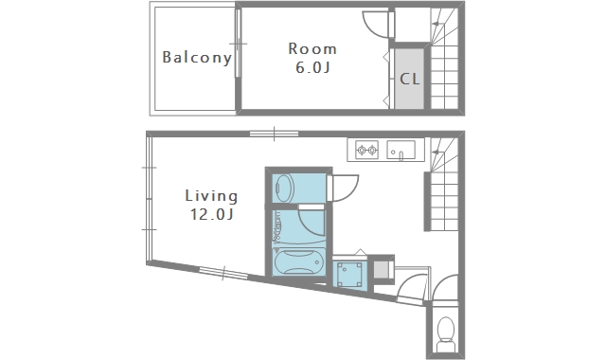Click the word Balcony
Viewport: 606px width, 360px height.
click(x=197, y=58)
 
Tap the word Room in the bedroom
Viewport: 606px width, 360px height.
click(x=312, y=49)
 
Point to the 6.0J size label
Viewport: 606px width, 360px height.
click(x=312, y=67)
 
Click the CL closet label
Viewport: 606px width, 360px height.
click(x=409, y=79)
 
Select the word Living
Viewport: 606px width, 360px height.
click(x=211, y=196)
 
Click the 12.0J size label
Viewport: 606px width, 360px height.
click(x=211, y=214)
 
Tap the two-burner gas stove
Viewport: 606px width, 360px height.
click(x=366, y=150)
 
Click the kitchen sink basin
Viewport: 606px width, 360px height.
click(x=401, y=150)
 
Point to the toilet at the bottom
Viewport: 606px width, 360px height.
click(x=446, y=333)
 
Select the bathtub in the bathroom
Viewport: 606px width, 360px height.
click(x=299, y=262)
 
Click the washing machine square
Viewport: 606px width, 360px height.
click(x=349, y=275)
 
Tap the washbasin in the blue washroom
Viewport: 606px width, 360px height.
click(x=285, y=189)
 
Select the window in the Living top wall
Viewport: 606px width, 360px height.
click(x=274, y=134)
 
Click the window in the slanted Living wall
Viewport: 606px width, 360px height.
click(x=223, y=273)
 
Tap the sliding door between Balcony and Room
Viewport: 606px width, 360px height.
click(x=238, y=44)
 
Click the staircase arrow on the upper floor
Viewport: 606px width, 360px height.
click(x=438, y=24)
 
